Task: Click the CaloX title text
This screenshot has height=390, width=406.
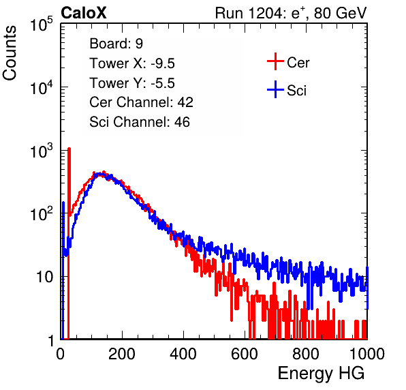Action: pyautogui.click(x=84, y=12)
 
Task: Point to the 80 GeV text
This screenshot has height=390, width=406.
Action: pyautogui.click(x=340, y=13)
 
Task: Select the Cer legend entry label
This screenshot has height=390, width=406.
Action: pyautogui.click(x=298, y=63)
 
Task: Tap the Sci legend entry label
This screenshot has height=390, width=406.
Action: pyautogui.click(x=297, y=91)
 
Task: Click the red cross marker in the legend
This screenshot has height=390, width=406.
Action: pyautogui.click(x=275, y=61)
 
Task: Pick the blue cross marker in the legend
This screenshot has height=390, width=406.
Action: pyautogui.click(x=275, y=89)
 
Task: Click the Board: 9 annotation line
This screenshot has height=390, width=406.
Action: pyautogui.click(x=116, y=44)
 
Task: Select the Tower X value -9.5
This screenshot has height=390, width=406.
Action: pyautogui.click(x=163, y=63)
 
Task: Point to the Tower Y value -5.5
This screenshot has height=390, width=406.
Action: pyautogui.click(x=163, y=83)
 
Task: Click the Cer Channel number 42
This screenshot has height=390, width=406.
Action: pyautogui.click(x=185, y=102)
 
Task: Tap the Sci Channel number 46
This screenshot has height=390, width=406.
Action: pyautogui.click(x=182, y=122)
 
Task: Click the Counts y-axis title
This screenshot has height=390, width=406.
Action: pyautogui.click(x=10, y=53)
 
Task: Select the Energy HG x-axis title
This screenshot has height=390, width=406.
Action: pyautogui.click(x=322, y=374)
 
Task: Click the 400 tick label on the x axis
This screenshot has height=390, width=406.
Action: pyautogui.click(x=183, y=354)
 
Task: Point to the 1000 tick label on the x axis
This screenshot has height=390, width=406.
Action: pyautogui.click(x=367, y=354)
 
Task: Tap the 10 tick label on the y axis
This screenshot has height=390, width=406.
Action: pyautogui.click(x=45, y=277)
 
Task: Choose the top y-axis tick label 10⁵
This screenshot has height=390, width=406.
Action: pyautogui.click(x=42, y=24)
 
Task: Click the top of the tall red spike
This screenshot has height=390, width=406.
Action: pyautogui.click(x=69, y=149)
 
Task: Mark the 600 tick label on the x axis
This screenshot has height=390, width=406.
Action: pyautogui.click(x=245, y=354)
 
